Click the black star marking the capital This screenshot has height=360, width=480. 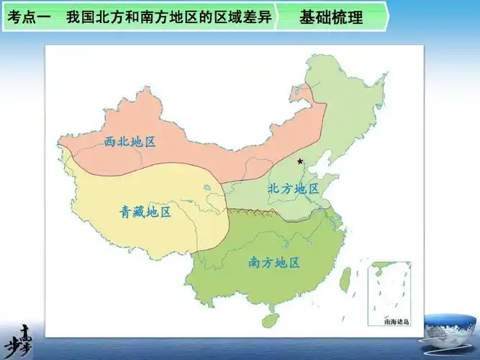click(300, 161)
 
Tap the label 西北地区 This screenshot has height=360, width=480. click(130, 142)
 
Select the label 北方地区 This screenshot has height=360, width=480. click(293, 189)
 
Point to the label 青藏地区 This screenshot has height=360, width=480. click(145, 212)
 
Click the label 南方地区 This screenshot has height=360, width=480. click(274, 262)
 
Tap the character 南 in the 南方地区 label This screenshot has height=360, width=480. click(255, 262)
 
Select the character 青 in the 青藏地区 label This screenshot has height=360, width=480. click(126, 212)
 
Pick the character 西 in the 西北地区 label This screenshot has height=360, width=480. click(110, 142)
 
